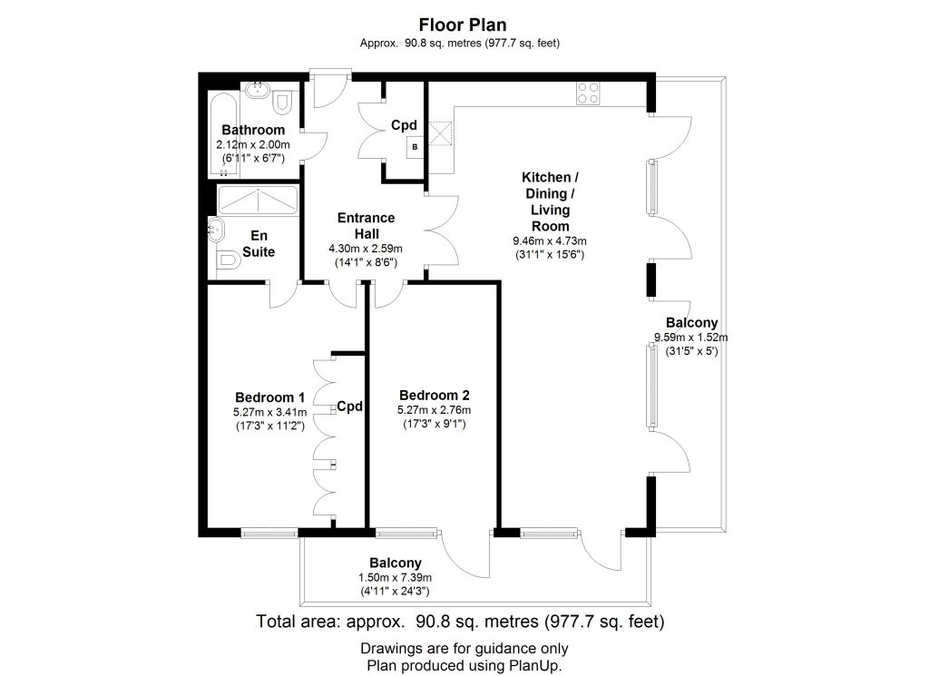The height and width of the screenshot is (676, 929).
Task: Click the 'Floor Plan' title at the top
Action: coord(463,24)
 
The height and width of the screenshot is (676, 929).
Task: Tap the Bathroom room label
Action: coord(253,130)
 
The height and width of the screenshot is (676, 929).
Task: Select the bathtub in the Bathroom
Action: coord(224,135)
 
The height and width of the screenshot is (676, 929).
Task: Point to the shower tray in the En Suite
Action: coord(258,201)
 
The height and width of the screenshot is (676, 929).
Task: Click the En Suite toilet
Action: coord(228,259)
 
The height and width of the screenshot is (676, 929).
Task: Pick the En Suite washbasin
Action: coord(216,229)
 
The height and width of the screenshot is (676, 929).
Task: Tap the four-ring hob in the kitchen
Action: coord(588,93)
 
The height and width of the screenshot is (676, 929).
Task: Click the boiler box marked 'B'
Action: coord(415,147)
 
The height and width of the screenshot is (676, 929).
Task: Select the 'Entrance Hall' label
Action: coord(367,226)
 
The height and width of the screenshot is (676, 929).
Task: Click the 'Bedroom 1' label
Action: coord(270,397)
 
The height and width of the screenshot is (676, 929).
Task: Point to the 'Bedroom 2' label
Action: coord(435,396)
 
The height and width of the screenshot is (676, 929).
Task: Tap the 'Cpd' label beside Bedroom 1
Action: coord(349,407)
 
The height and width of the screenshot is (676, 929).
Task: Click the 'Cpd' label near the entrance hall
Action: coord(404,125)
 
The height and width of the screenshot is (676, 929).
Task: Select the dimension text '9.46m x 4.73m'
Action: coord(550,241)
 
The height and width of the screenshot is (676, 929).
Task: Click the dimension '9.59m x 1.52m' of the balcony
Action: coord(690,338)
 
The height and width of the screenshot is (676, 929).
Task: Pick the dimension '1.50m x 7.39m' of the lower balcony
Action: coord(395,578)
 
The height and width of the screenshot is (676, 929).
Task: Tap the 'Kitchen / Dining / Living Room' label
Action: coord(550,201)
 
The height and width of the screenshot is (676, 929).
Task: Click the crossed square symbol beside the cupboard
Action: coord(440,133)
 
